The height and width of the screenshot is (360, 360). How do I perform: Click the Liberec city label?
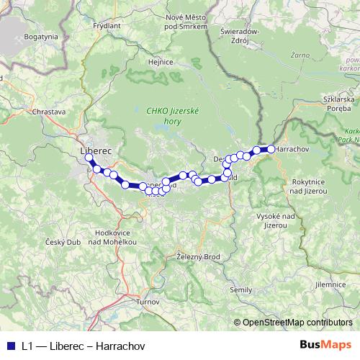[92, 149]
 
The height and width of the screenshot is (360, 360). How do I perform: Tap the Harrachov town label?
[293, 149]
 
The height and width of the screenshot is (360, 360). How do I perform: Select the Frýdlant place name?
[107, 24]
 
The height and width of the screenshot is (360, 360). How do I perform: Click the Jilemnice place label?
[330, 284]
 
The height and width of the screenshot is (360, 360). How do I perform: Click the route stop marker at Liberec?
[89, 158]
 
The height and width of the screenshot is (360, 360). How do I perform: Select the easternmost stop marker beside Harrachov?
[271, 149]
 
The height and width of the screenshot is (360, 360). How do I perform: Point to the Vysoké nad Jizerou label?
[276, 220]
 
